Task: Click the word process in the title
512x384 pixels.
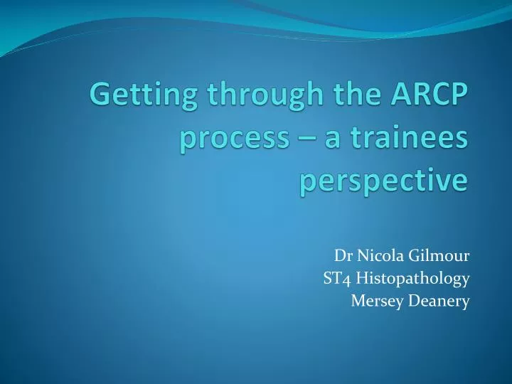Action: click(229, 139)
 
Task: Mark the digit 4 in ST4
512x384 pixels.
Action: click(346, 279)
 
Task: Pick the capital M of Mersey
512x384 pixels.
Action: click(358, 301)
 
